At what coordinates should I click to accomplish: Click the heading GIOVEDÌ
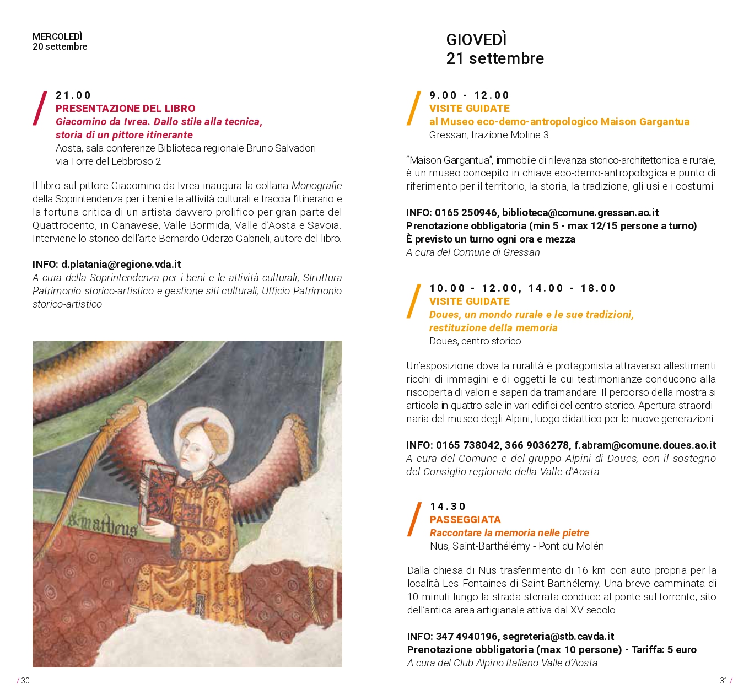tap(476, 40)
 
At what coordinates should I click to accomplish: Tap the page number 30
tap(25, 681)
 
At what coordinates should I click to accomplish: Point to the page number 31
tap(724, 681)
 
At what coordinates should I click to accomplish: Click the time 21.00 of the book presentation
tap(73, 95)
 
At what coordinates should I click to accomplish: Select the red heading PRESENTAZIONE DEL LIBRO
tap(125, 109)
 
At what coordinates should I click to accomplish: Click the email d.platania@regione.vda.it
tap(121, 265)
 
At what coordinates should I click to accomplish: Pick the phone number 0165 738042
tap(468, 445)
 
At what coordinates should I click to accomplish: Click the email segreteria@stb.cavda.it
tap(558, 637)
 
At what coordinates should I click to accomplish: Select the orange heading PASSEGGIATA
tap(465, 520)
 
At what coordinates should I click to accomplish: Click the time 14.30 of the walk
tap(448, 507)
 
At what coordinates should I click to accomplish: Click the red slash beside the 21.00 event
tap(40, 109)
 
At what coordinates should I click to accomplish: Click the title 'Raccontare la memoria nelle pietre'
tap(509, 533)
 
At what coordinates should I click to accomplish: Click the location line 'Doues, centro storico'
tap(475, 341)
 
